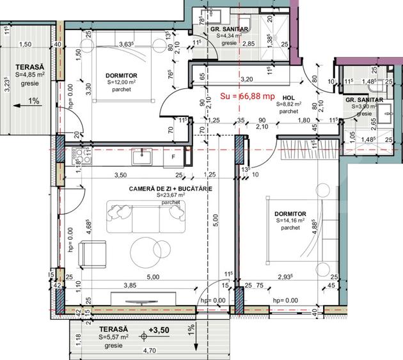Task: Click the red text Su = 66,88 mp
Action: coord(247,96)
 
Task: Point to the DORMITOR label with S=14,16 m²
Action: coord(290,214)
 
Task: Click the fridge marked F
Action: coord(173,156)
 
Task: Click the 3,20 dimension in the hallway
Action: coord(246,79)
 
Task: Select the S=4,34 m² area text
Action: coord(228,36)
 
